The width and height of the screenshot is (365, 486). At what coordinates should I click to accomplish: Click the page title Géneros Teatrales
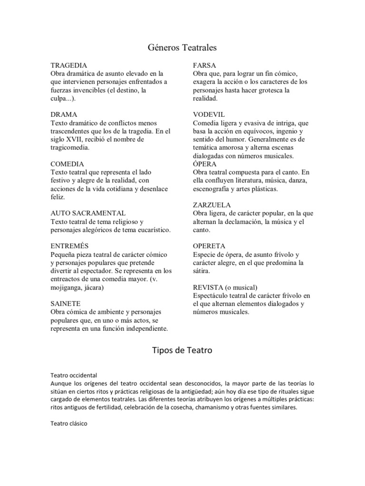tap(182, 47)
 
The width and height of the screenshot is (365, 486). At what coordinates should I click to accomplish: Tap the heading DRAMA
tap(64, 114)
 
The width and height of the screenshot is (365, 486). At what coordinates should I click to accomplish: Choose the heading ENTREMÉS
tap(69, 246)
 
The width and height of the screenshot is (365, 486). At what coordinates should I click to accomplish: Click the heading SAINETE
tap(65, 303)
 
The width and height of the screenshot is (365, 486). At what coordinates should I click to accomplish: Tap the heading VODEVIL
tap(209, 114)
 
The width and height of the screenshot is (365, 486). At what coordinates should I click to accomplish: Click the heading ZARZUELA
tap(212, 205)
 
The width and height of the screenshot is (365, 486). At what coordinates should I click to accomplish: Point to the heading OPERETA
tap(209, 246)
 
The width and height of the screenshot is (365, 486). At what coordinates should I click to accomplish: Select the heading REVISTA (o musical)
tap(225, 287)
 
